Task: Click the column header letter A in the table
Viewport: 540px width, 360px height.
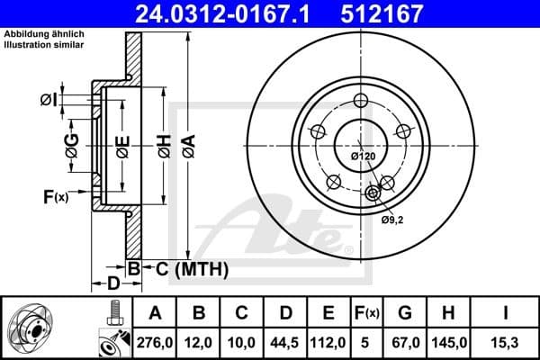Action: (x=156, y=313)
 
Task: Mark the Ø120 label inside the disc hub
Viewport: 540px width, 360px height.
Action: (x=362, y=156)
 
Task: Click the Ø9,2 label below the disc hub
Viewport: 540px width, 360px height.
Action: (x=391, y=219)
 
